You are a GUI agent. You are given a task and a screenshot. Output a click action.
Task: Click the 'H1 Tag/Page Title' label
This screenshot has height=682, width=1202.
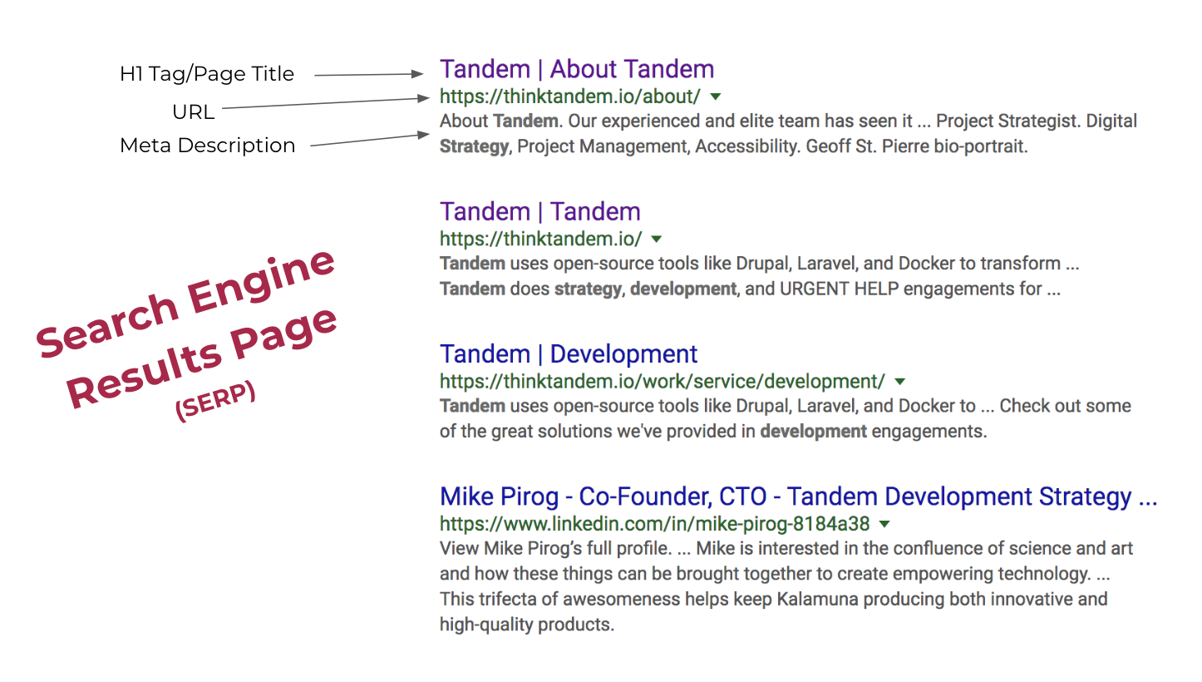coord(206,74)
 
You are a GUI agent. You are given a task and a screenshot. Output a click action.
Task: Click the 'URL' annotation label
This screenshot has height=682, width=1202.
coord(193,111)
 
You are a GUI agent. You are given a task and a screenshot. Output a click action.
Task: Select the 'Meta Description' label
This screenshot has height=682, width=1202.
coord(207,146)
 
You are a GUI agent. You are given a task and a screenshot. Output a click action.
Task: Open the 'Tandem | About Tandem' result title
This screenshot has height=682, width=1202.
coord(576,69)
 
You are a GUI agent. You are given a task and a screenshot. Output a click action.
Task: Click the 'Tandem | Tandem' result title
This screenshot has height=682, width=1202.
coord(539,211)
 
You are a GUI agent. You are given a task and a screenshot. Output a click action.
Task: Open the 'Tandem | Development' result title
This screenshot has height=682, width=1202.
coord(568,354)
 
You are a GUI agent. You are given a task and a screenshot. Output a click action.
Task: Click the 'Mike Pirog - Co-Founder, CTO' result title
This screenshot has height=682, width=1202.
coord(797,497)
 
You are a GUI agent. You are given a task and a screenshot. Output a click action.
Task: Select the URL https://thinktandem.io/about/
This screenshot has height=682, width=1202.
coord(569,96)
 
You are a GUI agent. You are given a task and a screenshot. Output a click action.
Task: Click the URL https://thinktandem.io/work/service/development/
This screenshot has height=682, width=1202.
coord(662,382)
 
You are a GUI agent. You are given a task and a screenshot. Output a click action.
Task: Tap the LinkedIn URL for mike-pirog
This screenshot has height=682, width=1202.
coord(654,524)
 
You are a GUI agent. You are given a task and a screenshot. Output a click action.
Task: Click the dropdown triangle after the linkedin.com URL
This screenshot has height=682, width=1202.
coord(884,524)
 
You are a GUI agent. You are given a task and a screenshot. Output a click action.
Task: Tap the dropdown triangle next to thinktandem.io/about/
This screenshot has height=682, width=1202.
coord(717,96)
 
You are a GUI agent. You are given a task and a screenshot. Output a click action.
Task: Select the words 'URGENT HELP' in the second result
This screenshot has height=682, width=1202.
coord(864,289)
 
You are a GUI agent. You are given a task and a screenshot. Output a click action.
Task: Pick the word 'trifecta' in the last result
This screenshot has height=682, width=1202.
coord(508,599)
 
